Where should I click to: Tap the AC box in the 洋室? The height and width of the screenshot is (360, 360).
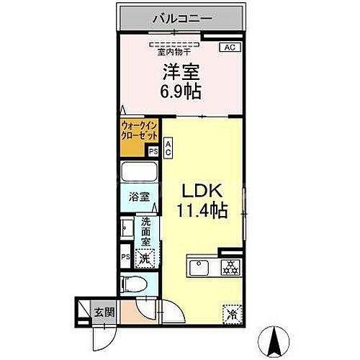(x=229, y=48)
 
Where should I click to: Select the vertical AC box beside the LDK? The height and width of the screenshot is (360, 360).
(x=168, y=148)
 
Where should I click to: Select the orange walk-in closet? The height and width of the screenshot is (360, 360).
(x=134, y=138)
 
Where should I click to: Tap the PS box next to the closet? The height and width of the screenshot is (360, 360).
(x=153, y=151)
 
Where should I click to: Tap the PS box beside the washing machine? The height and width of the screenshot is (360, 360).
(x=125, y=257)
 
